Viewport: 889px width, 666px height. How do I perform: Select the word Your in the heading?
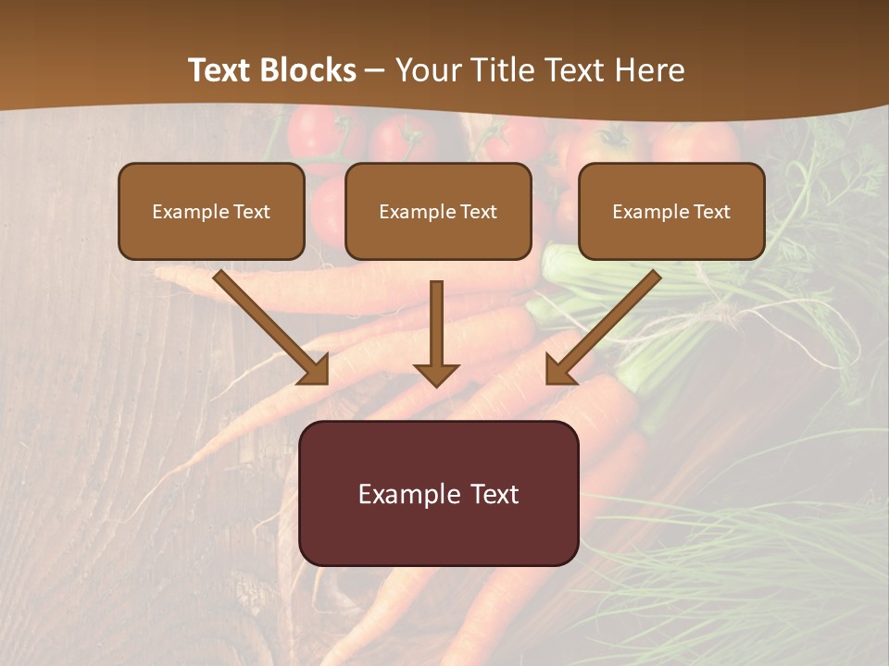427,70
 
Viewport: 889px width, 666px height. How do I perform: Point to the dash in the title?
375,70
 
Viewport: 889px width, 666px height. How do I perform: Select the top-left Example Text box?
211,212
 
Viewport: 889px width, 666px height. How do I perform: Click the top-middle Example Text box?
438,212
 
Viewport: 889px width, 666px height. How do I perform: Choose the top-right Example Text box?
671,212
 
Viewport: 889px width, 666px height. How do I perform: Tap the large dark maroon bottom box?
439,493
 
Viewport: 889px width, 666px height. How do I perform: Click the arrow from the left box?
269,326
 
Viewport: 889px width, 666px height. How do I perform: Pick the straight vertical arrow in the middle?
436,328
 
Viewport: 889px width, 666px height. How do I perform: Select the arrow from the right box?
604,326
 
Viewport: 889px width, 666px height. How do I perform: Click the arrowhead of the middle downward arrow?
436,374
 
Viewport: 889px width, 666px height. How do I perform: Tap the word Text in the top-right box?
712,212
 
